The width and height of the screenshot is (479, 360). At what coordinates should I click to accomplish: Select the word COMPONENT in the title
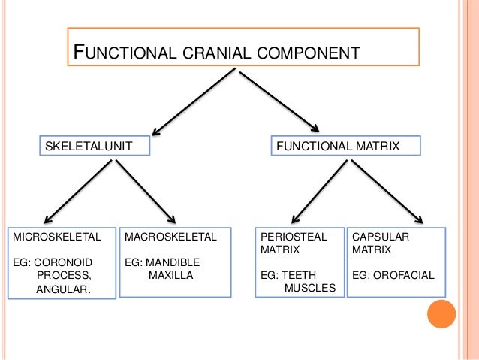(x=309, y=53)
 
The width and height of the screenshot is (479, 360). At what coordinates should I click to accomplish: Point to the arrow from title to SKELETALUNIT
(x=194, y=101)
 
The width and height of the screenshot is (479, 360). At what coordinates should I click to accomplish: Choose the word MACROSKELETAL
(x=170, y=237)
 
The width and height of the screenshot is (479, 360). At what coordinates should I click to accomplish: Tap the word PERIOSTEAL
(x=294, y=237)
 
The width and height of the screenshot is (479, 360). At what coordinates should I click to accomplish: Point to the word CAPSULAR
(x=381, y=237)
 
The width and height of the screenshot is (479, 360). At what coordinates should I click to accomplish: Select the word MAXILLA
(x=170, y=275)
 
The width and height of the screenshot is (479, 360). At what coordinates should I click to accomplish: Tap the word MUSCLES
(x=310, y=287)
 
